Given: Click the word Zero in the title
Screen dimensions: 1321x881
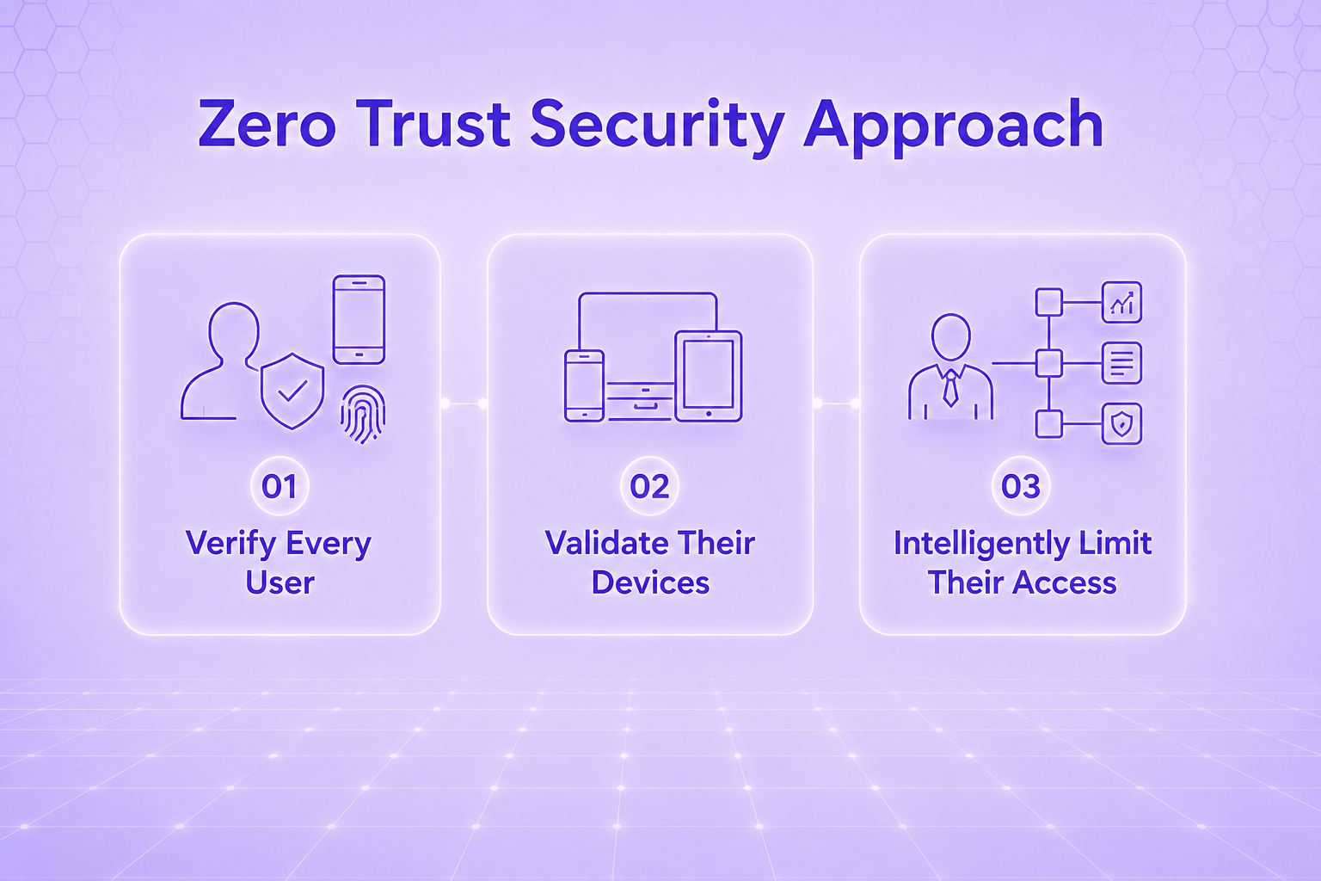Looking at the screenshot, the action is click(x=267, y=125).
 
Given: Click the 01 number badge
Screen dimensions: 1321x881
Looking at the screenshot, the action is click(x=280, y=485).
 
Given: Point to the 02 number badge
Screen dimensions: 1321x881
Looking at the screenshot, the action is click(x=650, y=485).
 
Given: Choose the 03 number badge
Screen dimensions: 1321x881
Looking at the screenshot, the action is click(x=1021, y=485).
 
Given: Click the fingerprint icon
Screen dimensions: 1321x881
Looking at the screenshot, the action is click(x=363, y=414).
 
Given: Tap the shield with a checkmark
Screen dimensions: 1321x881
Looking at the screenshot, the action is click(x=292, y=391).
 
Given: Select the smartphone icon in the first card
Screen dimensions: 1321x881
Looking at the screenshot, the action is click(x=359, y=319).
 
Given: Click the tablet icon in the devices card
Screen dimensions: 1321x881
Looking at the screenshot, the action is click(x=709, y=376).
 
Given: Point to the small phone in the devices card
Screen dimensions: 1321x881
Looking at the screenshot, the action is click(x=585, y=385).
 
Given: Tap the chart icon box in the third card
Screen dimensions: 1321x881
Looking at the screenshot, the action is click(x=1121, y=302).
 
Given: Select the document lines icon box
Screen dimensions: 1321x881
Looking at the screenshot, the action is click(x=1121, y=363).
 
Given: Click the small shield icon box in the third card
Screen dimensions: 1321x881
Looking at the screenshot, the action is click(x=1121, y=423).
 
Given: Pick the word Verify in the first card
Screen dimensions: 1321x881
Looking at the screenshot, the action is click(x=230, y=544).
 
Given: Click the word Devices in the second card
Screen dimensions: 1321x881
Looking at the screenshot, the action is click(x=650, y=582).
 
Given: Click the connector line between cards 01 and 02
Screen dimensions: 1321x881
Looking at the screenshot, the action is click(x=464, y=404).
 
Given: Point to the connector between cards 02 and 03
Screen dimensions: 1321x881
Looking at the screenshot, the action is click(x=836, y=404).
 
